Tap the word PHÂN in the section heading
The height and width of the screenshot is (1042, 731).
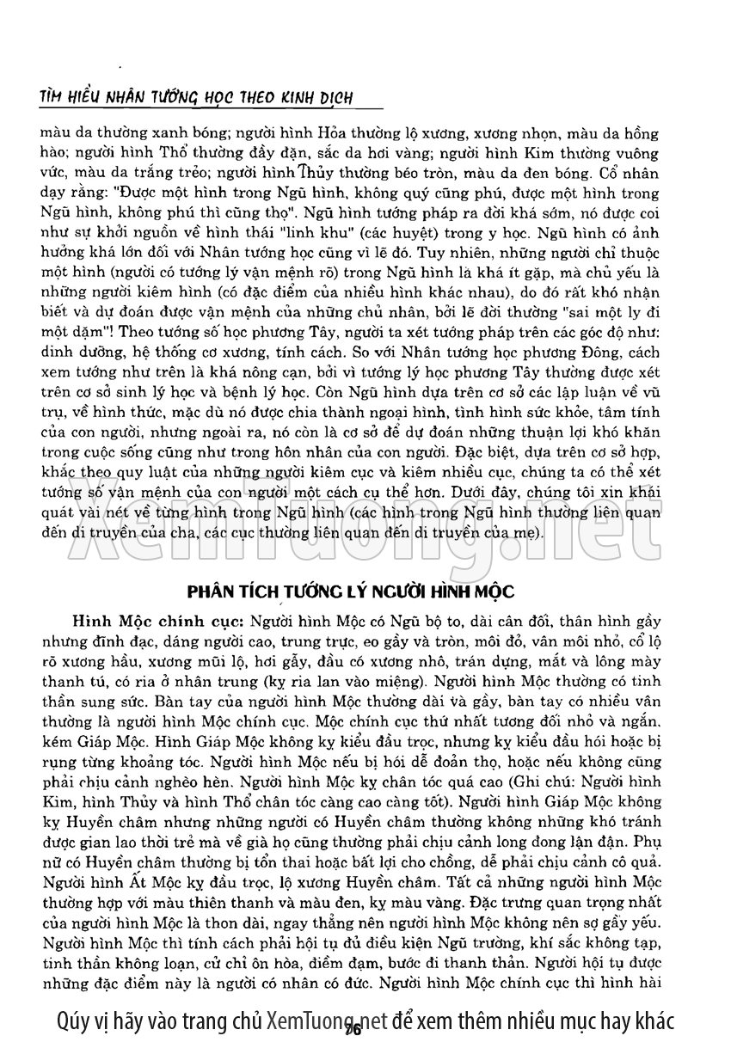[210, 592]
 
